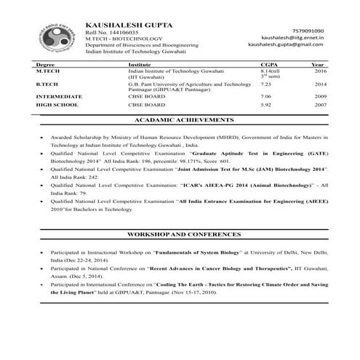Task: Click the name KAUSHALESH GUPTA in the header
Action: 129,25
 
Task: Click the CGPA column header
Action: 269,65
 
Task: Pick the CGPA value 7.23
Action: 266,85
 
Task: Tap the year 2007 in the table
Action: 321,105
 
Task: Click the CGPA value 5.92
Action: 266,105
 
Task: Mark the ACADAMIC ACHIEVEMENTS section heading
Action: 180,119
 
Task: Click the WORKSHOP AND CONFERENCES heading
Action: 180,237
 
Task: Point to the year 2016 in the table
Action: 321,72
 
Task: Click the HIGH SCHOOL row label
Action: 56,105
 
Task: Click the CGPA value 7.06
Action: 266,96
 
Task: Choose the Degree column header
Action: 46,65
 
